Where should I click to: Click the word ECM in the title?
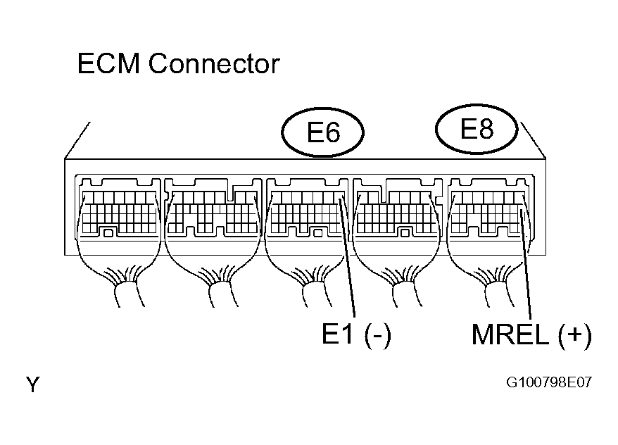coord(108,63)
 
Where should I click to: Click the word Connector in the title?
coord(214,63)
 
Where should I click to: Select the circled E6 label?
coord(322,132)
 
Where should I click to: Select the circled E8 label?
coord(476,129)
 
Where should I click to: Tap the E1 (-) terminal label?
coord(357,334)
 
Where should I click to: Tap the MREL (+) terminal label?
coord(531,334)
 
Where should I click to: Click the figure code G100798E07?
coord(549,382)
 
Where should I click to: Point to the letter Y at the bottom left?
coord(32,384)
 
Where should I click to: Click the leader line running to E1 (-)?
coord(347,258)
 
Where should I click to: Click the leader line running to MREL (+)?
coord(526,265)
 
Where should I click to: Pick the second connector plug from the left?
coord(213,208)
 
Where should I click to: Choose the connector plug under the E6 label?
coord(307,208)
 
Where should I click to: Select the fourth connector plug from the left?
coord(398,208)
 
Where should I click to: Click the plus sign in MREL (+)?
coord(575,334)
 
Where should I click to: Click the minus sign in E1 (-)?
coord(377,336)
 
